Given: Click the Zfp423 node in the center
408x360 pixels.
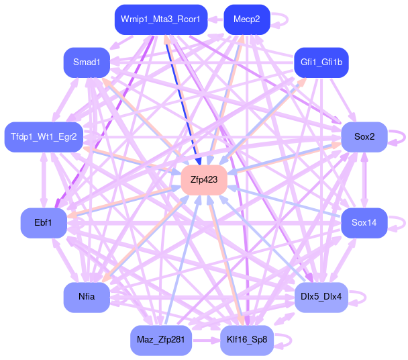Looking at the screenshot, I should click(203, 179).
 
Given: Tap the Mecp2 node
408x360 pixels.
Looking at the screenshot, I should click(246, 19).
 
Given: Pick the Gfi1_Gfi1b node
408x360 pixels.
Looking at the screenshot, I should click(321, 62).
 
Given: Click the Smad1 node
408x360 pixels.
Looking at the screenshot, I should click(87, 62).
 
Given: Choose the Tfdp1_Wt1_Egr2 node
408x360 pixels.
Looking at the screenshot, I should click(44, 137).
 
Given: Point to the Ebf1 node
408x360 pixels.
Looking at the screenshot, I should click(44, 222).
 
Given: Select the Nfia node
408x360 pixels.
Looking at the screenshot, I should click(87, 297).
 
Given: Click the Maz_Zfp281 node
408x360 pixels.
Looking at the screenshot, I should click(160, 340).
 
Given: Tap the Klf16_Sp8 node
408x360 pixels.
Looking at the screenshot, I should click(246, 340).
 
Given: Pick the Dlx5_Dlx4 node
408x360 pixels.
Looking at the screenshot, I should click(321, 297).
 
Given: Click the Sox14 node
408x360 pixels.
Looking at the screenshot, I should click(364, 222).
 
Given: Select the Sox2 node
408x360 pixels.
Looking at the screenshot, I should click(364, 137).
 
